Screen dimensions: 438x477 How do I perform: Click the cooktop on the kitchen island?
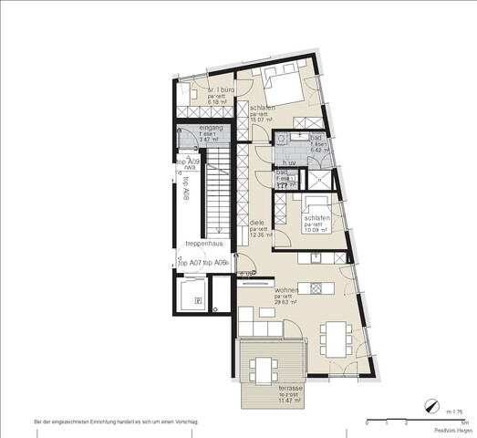tap(316, 289)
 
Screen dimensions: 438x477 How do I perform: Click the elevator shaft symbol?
tap(192, 296)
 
